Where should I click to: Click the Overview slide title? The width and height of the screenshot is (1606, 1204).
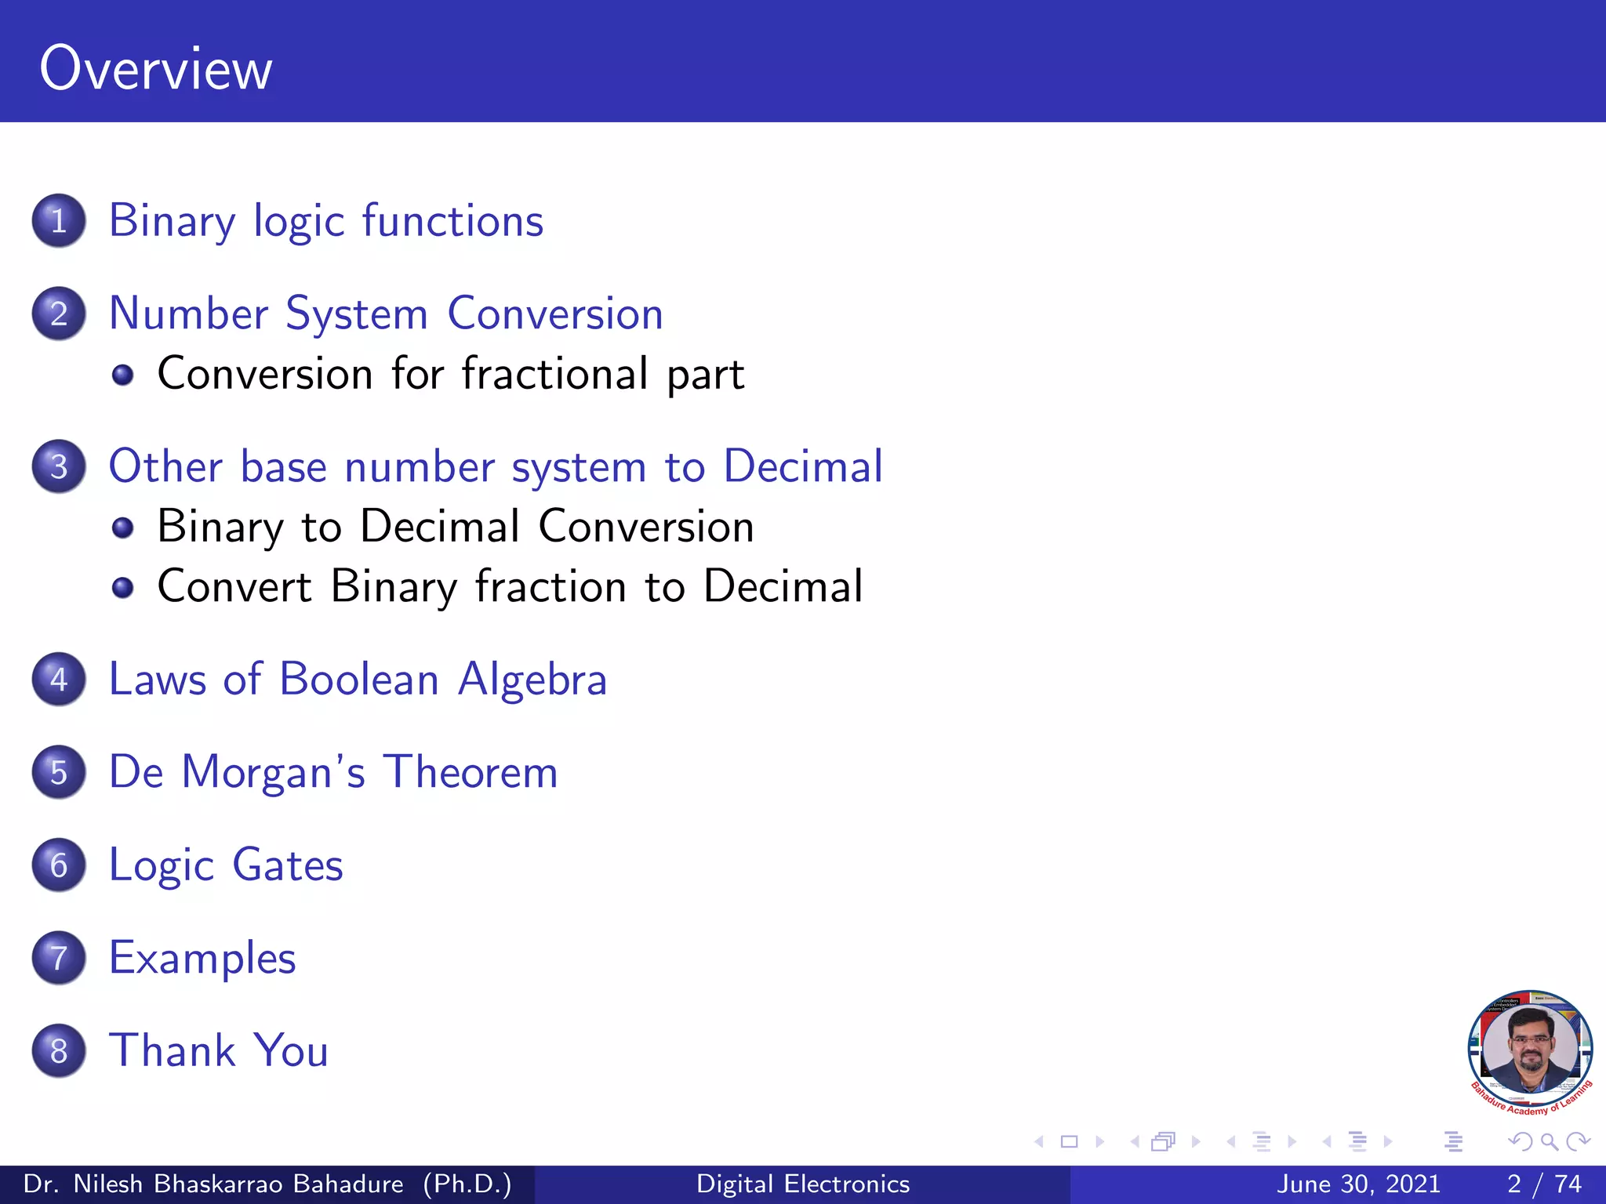tap(156, 69)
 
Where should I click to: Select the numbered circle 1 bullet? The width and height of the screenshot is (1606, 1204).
tap(59, 221)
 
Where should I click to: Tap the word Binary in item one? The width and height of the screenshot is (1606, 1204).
tap(172, 221)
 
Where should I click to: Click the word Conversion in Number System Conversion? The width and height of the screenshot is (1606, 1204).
tap(555, 314)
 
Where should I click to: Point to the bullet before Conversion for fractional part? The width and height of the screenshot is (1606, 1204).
tap(122, 375)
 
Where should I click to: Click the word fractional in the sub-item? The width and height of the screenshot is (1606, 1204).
tap(554, 373)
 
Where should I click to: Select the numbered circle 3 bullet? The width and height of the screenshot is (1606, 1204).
tap(59, 466)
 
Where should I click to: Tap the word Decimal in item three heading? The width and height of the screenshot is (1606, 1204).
tap(803, 466)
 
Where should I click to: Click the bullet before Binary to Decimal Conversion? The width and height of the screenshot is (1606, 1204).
tap(122, 528)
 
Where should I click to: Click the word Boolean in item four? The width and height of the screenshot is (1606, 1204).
tap(358, 679)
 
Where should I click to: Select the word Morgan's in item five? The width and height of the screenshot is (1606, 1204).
tap(273, 772)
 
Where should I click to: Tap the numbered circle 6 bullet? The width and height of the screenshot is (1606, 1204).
tap(59, 865)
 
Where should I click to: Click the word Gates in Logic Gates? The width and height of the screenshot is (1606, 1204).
tap(287, 865)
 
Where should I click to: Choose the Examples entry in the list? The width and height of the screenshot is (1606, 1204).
tap(202, 958)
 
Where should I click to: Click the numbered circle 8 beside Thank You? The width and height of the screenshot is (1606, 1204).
tap(59, 1051)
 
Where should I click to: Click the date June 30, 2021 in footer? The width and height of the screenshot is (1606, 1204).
tap(1358, 1184)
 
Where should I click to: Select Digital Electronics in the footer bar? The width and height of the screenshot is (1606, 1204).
tap(803, 1184)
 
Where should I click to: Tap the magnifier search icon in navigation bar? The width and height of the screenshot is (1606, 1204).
tap(1549, 1142)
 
